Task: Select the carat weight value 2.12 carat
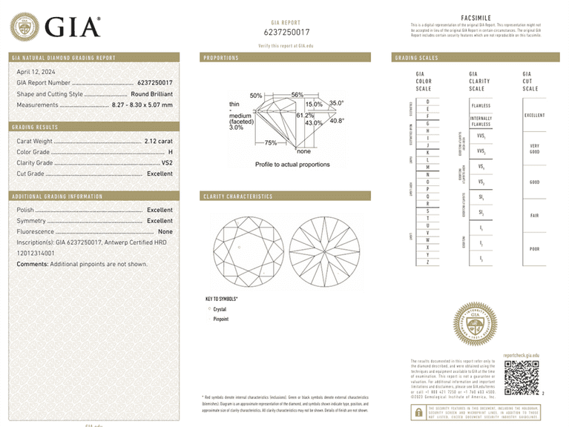[x=157, y=140]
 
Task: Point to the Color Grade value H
[x=170, y=151]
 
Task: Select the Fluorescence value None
[x=165, y=231]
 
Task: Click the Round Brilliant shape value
[x=151, y=94]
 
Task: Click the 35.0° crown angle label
[x=337, y=103]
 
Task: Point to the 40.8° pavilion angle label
[x=337, y=121]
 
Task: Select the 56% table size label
[x=297, y=95]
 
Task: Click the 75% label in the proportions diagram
[x=271, y=142]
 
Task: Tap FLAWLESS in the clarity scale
[x=481, y=106]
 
